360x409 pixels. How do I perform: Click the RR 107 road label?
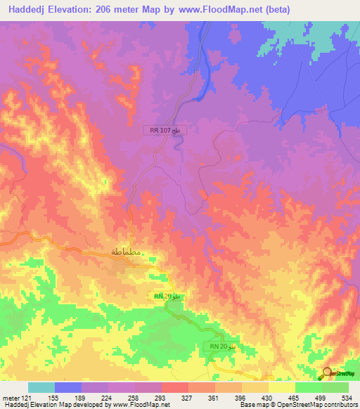click(165, 130)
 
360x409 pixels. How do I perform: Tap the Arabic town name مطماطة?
click(128, 252)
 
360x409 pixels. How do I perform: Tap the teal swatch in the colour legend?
click(41, 387)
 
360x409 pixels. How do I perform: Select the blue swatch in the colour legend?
click(68, 387)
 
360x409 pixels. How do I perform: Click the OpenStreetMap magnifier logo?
click(328, 372)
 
